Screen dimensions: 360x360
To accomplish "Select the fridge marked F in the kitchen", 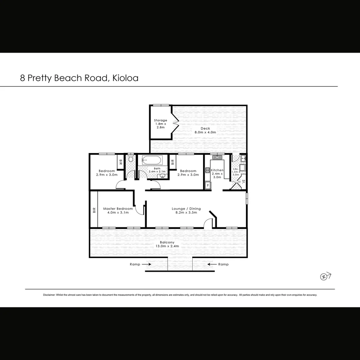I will pos(208,185).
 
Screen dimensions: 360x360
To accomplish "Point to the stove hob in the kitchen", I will pos(207,171).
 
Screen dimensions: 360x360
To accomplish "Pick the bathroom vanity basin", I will pos(162,175).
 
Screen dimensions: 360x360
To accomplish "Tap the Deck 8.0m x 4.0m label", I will pos(205,130).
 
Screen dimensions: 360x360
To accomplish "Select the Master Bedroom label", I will pos(118,211).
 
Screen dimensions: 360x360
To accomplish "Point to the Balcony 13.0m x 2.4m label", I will pos(167,244).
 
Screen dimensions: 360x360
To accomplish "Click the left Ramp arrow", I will pos(146,264).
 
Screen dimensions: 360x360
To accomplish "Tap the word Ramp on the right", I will pos(223,264).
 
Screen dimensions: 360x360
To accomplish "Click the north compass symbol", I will pos(324,276).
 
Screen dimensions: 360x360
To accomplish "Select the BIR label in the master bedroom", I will pos(94,210).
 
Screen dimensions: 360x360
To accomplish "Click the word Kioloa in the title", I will pos(125,78).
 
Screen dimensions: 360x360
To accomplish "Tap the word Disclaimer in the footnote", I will pos(49,295).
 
